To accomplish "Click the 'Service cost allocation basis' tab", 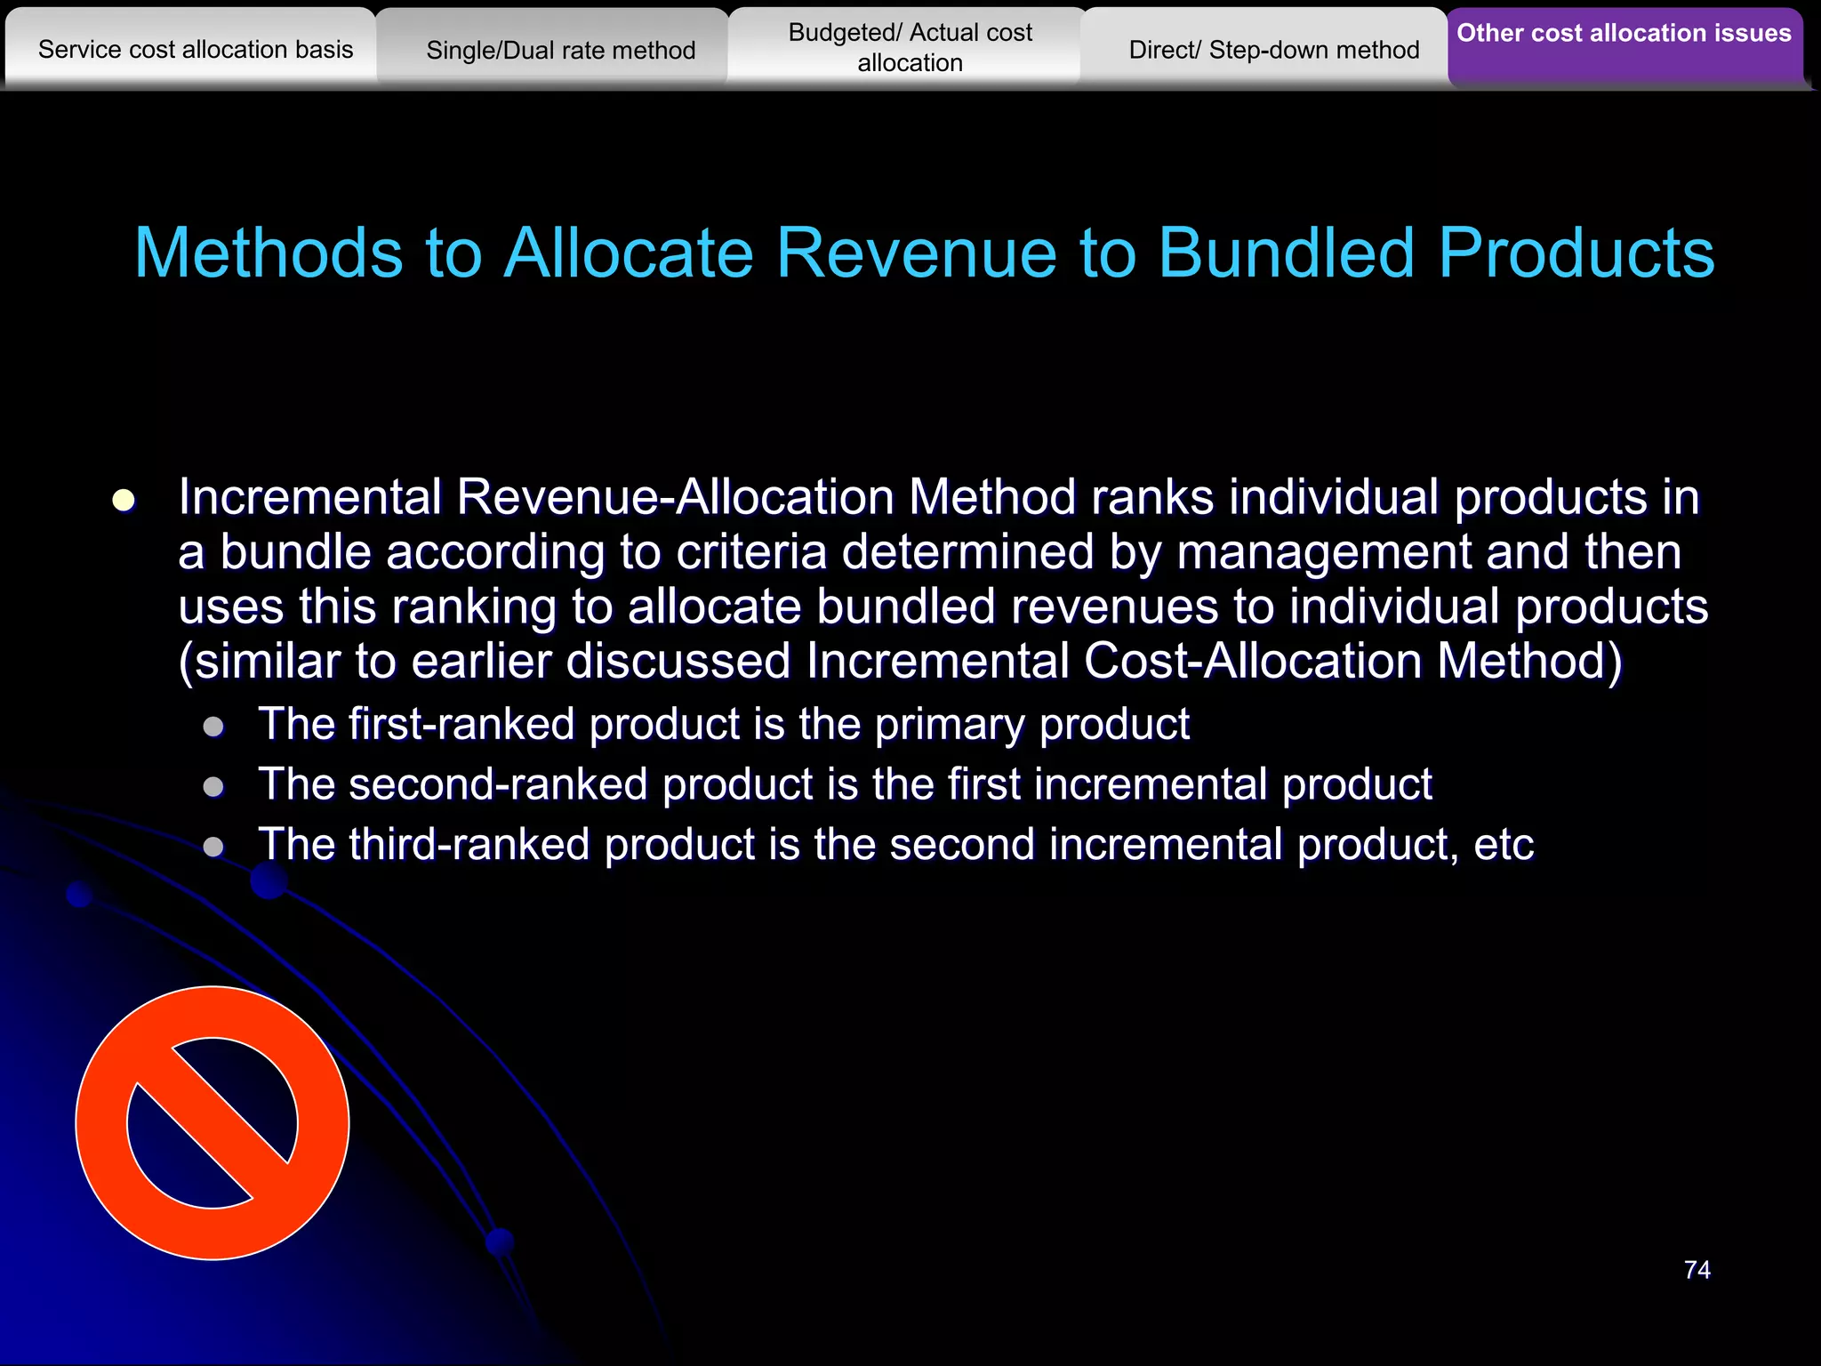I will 196,49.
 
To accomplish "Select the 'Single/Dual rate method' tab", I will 560,50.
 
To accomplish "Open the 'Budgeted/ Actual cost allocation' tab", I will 910,47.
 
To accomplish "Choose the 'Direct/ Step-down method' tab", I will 1273,50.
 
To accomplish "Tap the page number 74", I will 1697,1269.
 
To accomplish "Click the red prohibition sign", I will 213,1122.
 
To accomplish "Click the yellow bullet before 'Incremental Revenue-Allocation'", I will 124,500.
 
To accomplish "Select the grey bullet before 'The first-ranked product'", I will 213,727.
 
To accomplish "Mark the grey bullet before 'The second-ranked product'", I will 213,786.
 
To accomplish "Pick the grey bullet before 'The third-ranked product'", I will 213,846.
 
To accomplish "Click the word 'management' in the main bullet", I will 1324,553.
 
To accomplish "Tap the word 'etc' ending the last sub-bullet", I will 1504,845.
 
